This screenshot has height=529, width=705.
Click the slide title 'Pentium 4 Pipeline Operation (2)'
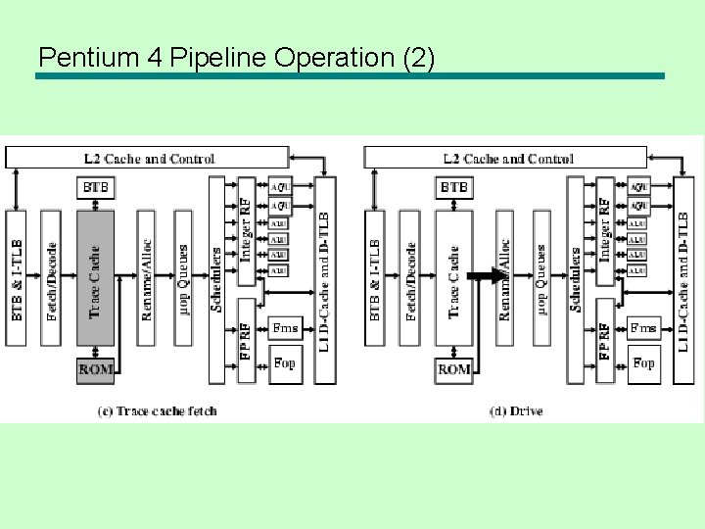point(236,57)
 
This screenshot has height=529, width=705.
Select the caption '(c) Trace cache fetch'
point(157,411)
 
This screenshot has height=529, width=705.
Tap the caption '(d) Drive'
point(515,411)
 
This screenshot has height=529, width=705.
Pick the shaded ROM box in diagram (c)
point(95,370)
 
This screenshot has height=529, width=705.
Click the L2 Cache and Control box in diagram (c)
point(147,158)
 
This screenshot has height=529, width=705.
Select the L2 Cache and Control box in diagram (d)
point(505,158)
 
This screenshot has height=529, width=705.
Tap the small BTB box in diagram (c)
point(95,187)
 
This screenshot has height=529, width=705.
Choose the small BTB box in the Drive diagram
point(454,187)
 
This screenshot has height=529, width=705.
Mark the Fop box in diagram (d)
point(642,363)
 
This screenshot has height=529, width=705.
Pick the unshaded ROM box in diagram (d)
point(454,370)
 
